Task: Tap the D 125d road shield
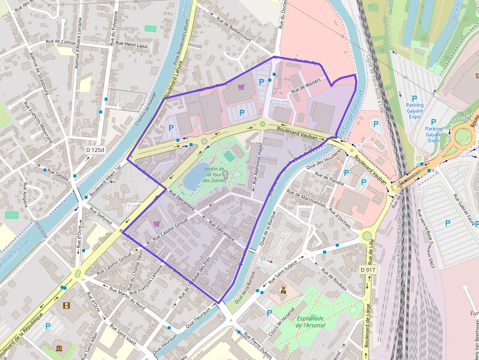coord(95,149)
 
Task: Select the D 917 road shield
coord(368,270)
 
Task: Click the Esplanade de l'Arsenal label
coord(311,322)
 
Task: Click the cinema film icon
coord(66,306)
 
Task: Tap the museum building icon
coord(59,348)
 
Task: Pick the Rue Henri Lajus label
coord(131,45)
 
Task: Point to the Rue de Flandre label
coord(329,179)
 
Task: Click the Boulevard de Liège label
coord(367,325)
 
